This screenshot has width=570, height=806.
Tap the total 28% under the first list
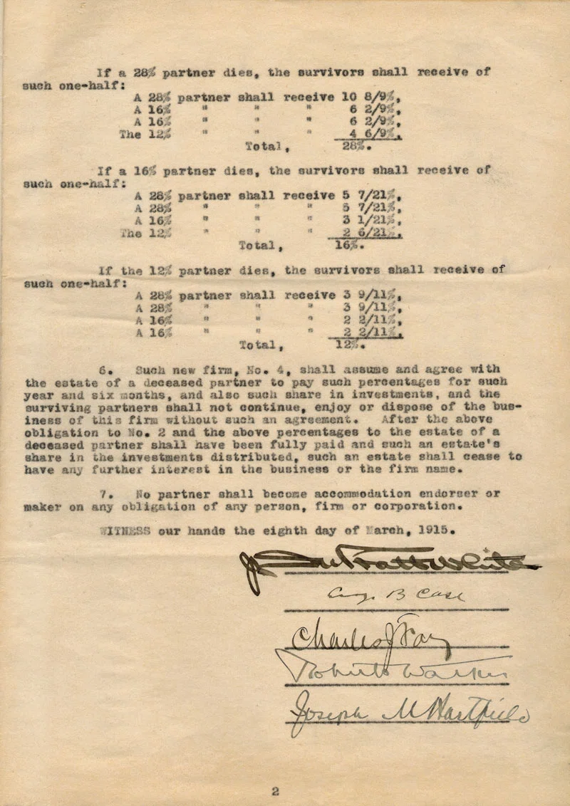pos(352,147)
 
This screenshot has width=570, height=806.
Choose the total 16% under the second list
pos(348,246)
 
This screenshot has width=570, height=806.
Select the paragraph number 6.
pos(103,370)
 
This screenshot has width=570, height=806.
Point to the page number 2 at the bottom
pos(274,770)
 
